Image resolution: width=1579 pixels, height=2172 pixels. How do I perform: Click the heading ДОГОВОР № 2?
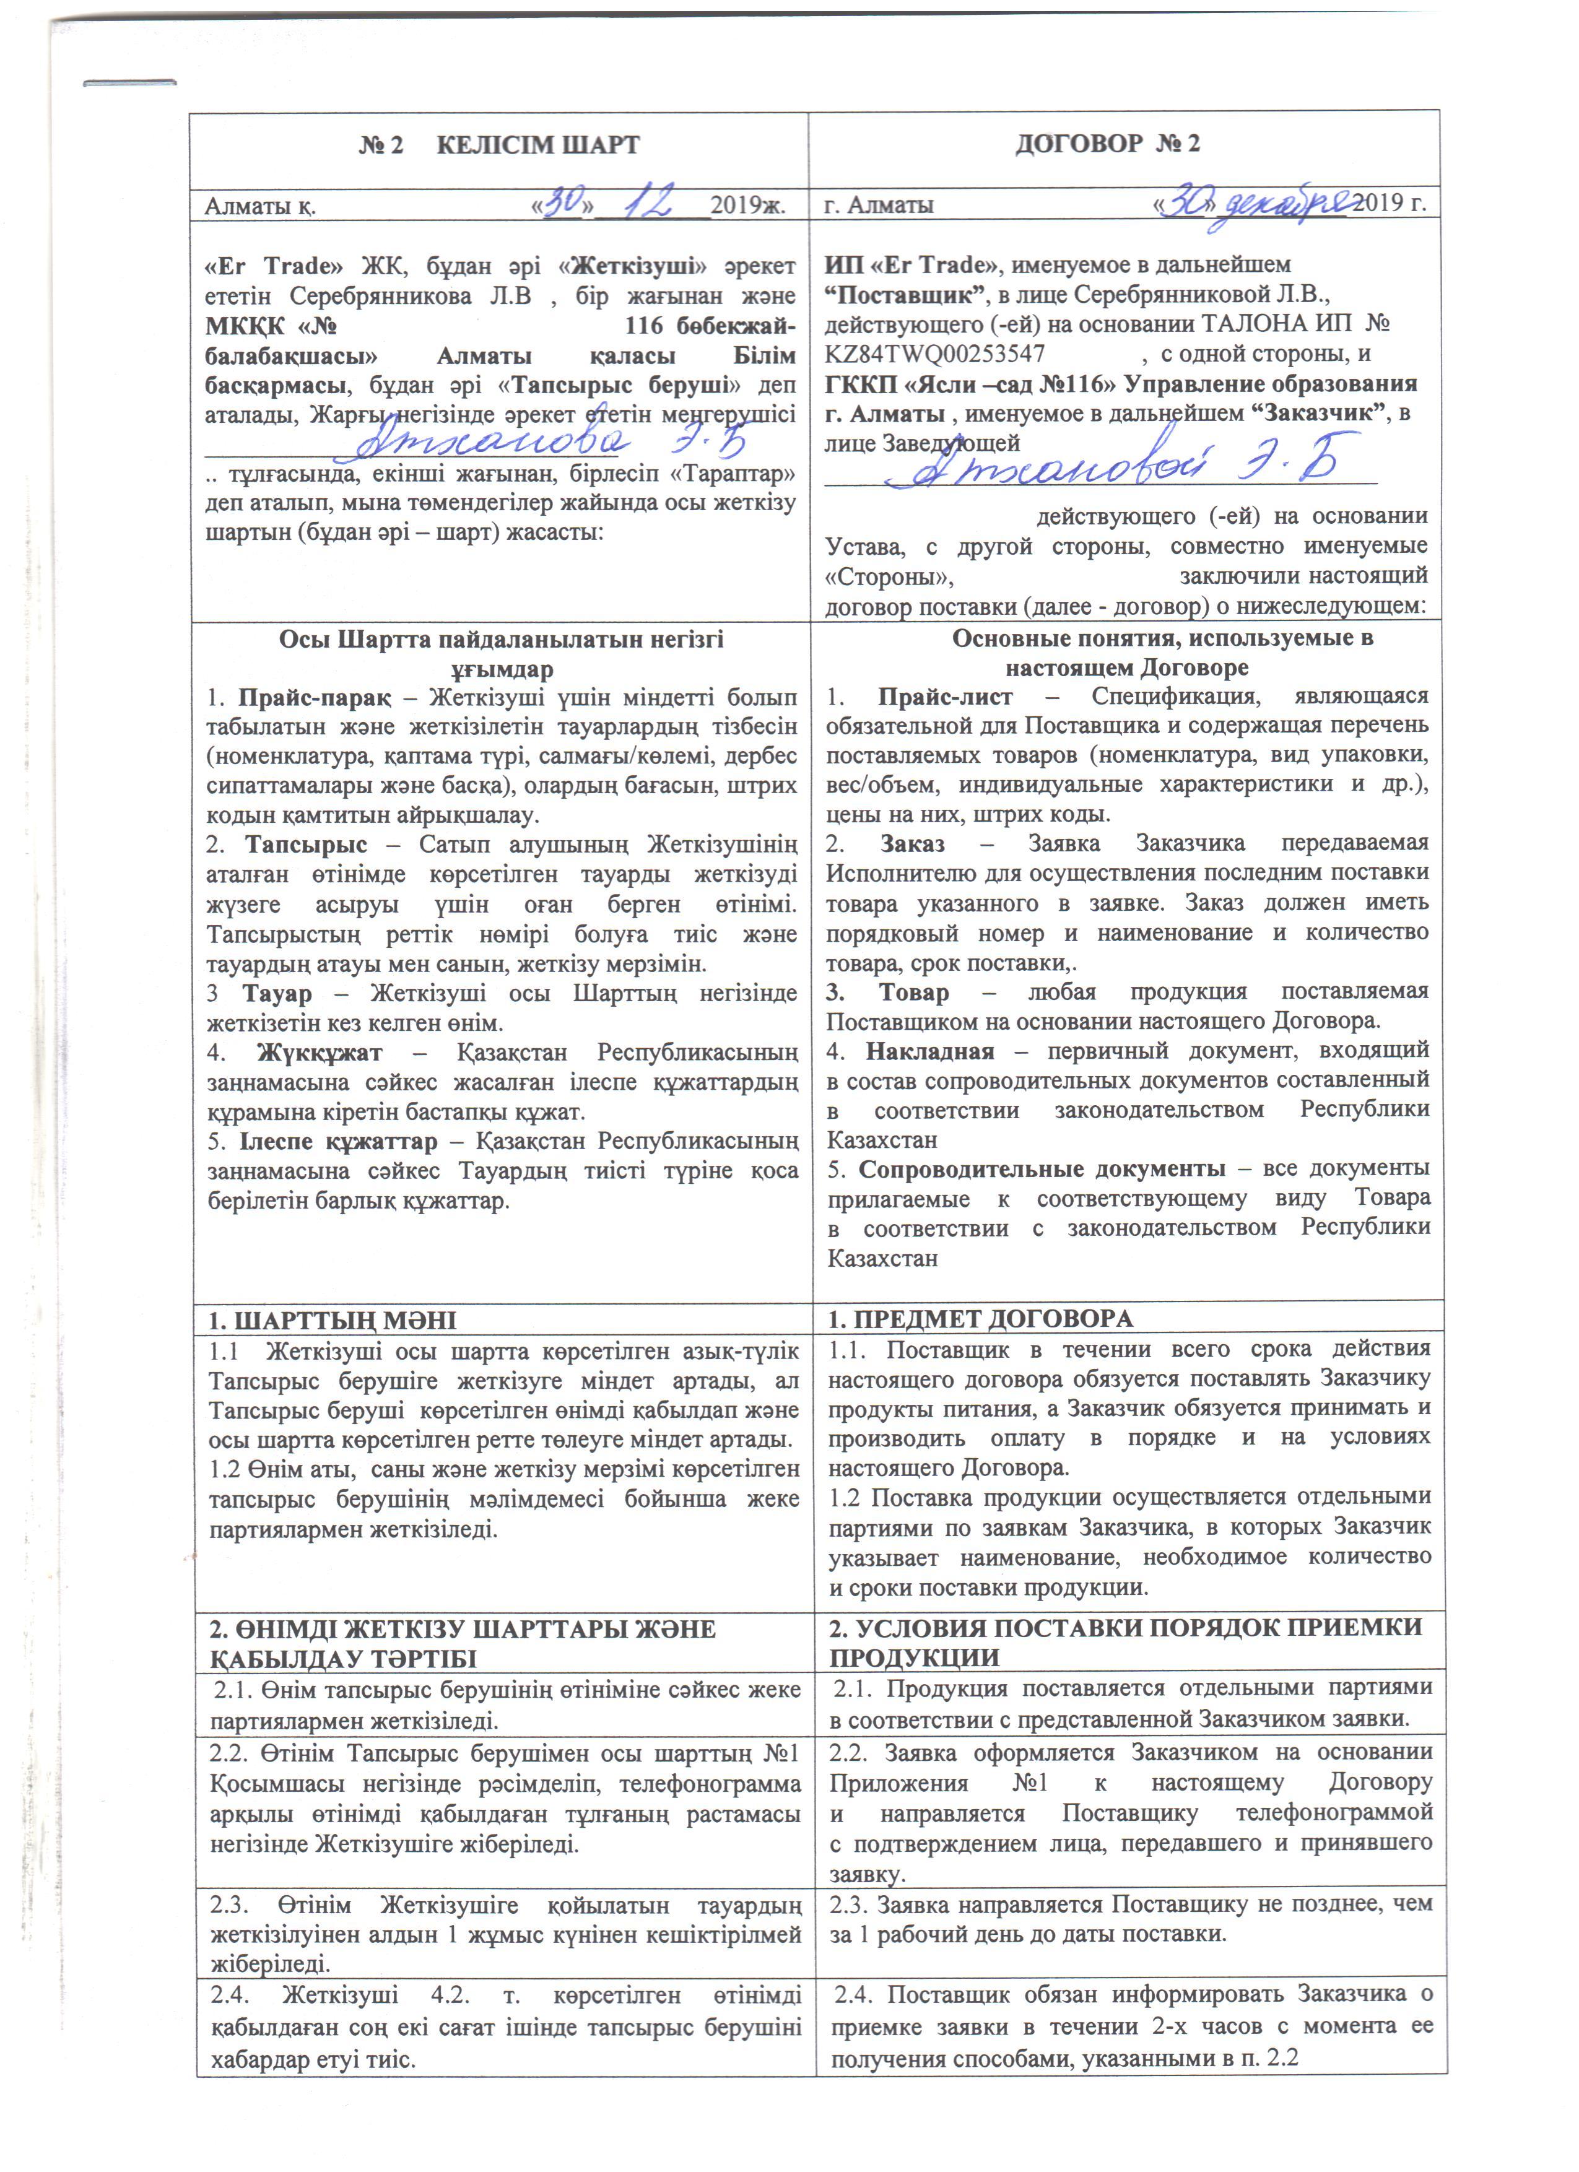[x=1107, y=144]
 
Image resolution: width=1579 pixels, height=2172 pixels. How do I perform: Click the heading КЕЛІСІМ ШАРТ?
[x=537, y=146]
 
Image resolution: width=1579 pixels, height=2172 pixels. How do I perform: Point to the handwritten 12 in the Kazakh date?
[x=651, y=202]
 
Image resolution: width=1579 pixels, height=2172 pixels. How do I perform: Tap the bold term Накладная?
[x=930, y=1051]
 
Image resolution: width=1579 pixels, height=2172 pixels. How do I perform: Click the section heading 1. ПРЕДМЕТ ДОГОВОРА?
[x=981, y=1319]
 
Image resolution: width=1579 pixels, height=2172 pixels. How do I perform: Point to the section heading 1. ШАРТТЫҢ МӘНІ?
[x=333, y=1319]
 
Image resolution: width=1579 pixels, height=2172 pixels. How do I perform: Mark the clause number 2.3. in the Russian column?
[x=848, y=1904]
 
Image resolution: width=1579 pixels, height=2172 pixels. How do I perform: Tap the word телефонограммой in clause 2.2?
[x=1334, y=1813]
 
